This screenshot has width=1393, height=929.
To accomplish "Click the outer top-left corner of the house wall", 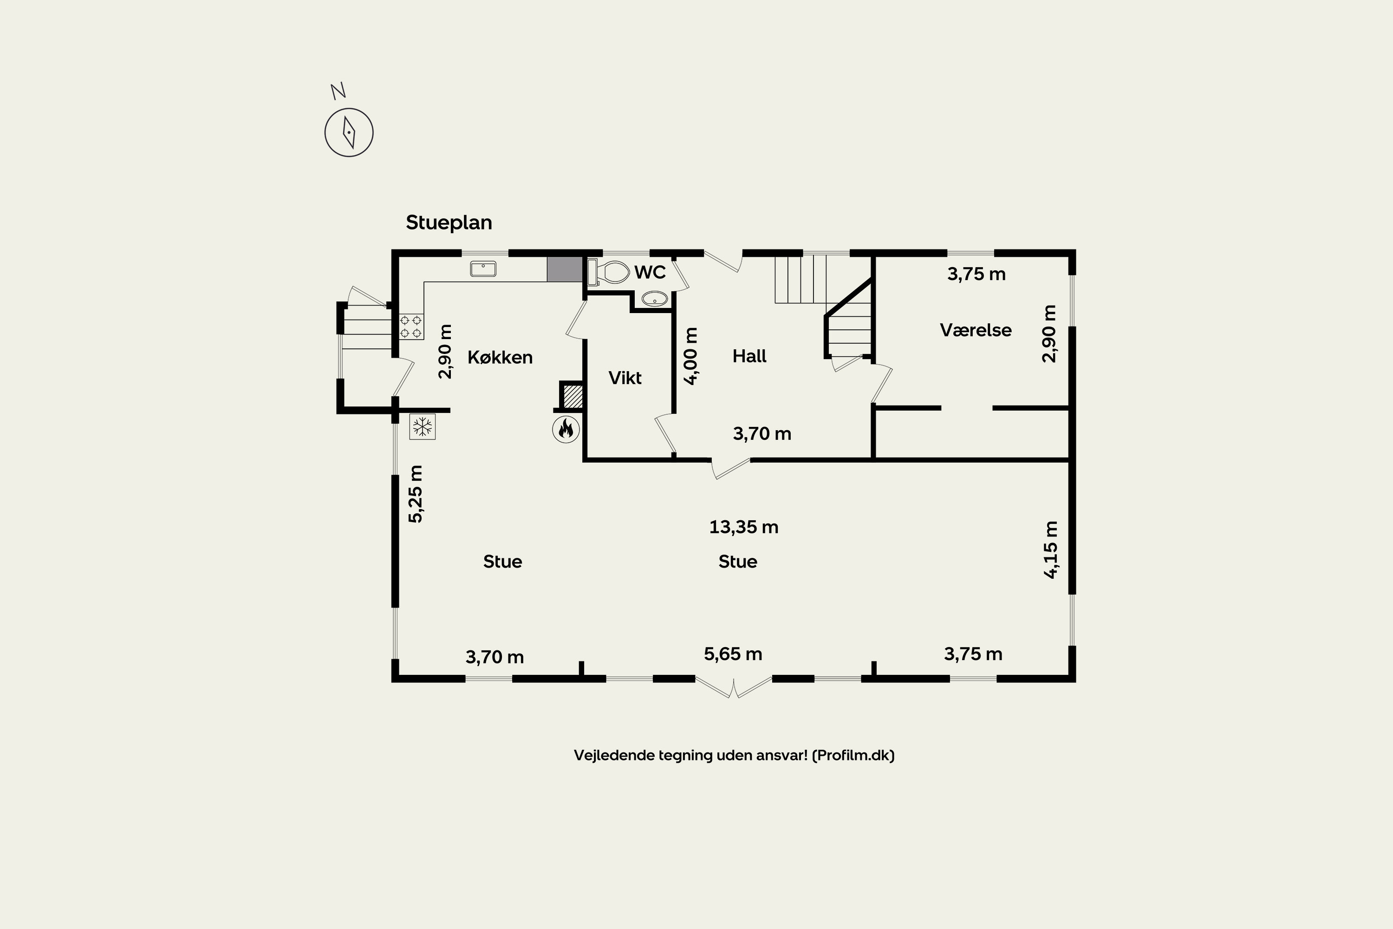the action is [x=392, y=250].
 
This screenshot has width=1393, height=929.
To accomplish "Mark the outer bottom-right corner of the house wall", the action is [x=1075, y=682].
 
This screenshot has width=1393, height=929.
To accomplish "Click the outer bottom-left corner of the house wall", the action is [x=392, y=682].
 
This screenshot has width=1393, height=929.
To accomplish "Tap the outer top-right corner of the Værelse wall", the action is [x=1075, y=250].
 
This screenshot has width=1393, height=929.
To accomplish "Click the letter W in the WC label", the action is [x=642, y=273].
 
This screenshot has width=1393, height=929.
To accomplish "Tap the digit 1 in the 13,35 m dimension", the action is [x=713, y=527].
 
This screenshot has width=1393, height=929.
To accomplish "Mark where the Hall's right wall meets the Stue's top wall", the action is [x=873, y=459].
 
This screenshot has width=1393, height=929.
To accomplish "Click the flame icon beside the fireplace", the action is [x=566, y=429].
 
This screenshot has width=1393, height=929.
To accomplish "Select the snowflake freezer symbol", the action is [x=422, y=426].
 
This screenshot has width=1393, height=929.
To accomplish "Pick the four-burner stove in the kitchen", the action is [x=411, y=327].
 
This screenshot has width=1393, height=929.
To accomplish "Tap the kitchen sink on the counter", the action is [x=483, y=269].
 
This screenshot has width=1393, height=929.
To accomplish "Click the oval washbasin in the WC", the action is [x=654, y=299].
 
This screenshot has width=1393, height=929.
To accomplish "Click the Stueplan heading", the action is [x=449, y=223].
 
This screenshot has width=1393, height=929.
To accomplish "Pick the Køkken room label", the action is [x=500, y=357].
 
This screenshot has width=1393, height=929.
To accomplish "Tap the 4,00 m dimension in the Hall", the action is [x=691, y=356].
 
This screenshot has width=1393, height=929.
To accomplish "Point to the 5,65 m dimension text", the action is [x=733, y=654].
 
